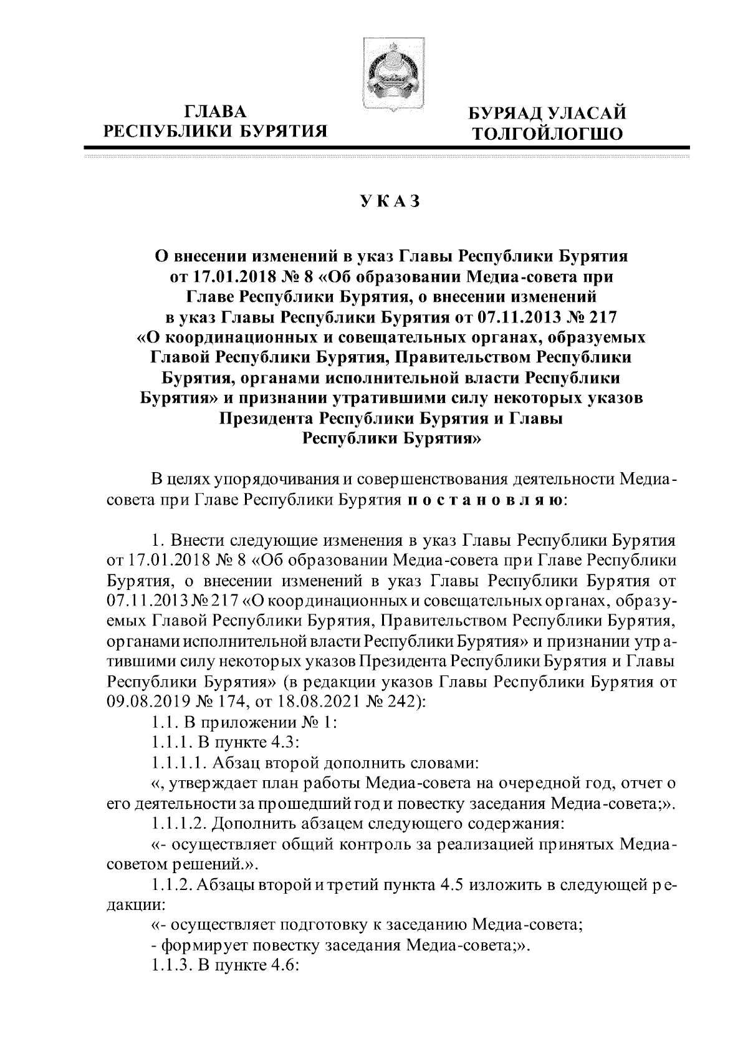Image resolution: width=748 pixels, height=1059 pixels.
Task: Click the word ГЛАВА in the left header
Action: click(x=216, y=112)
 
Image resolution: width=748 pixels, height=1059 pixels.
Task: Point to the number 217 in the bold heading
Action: click(x=599, y=317)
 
